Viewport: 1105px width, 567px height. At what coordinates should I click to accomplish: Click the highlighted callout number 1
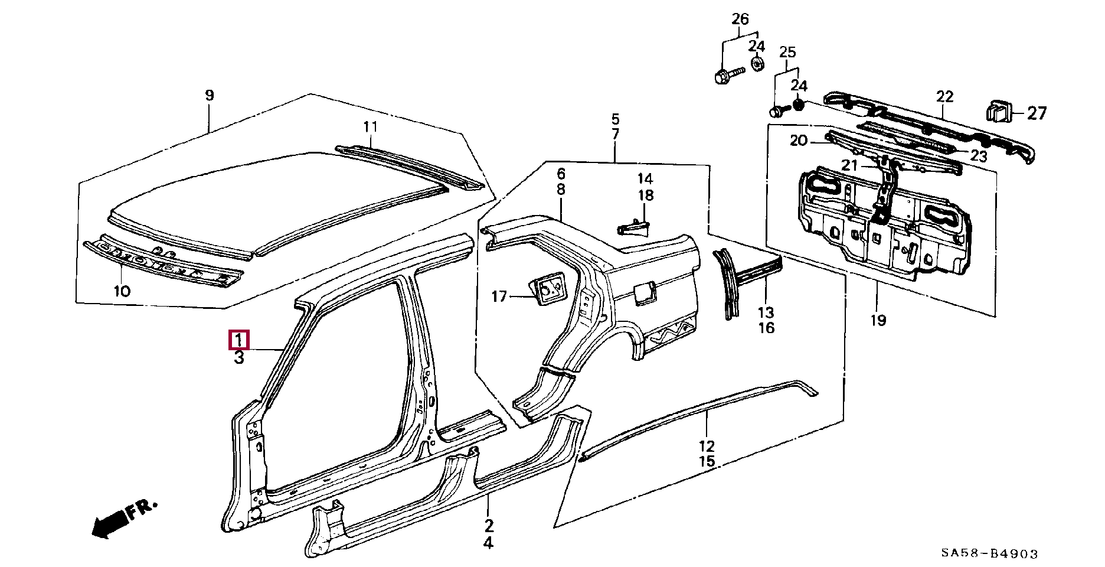239,340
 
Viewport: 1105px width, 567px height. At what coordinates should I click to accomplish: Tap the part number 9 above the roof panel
210,95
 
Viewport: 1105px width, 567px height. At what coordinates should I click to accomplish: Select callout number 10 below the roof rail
122,291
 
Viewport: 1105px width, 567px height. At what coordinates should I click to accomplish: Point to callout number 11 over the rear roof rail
370,126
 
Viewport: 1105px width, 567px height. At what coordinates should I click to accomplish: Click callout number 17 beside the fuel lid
499,296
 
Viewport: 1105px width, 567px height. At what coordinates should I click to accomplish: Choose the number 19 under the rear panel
878,320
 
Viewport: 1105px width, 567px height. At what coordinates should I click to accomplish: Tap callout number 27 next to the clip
1037,113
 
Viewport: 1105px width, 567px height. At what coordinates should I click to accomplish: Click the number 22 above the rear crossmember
944,96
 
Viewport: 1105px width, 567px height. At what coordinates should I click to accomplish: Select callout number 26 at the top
740,19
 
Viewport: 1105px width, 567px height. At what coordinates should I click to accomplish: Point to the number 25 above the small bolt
787,52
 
